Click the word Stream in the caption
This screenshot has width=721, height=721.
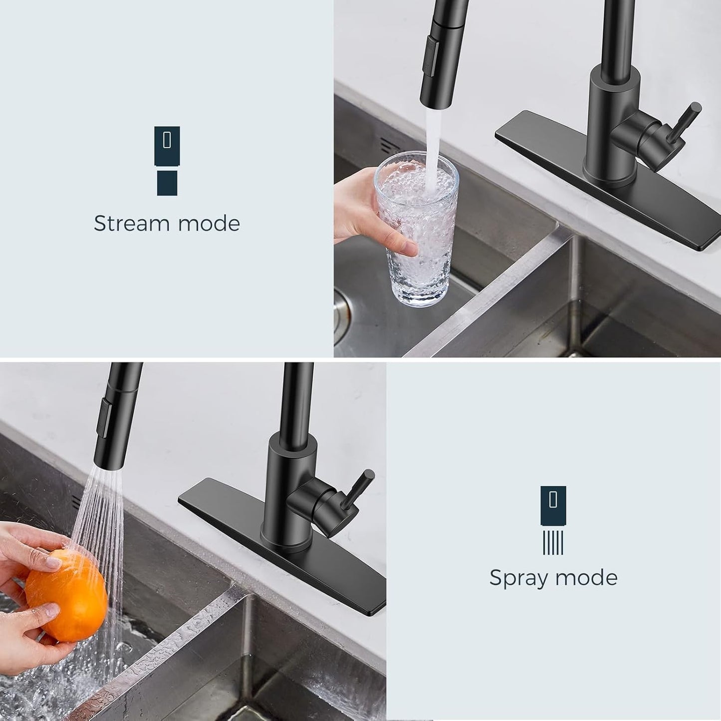pyautogui.click(x=131, y=223)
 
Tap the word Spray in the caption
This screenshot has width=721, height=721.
pyautogui.click(x=518, y=578)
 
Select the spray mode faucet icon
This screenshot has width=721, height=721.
pyautogui.click(x=553, y=519)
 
